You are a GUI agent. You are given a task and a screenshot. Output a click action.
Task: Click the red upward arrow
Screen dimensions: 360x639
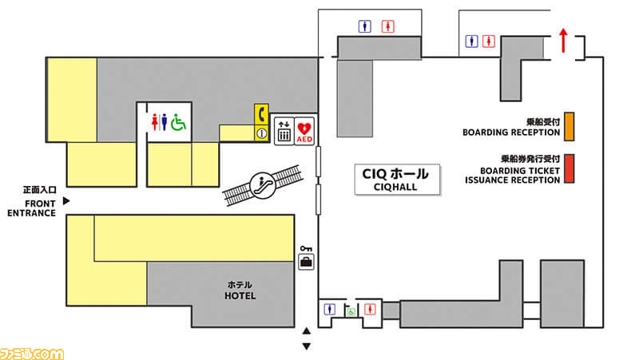click(563, 41)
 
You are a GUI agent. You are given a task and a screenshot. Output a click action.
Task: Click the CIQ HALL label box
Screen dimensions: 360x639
click(396, 179)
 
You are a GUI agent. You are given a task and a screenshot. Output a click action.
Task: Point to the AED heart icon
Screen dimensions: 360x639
click(304, 129)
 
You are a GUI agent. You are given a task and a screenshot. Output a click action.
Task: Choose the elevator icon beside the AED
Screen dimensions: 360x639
click(283, 131)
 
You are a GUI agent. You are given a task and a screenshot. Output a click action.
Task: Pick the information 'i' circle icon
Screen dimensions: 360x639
click(260, 134)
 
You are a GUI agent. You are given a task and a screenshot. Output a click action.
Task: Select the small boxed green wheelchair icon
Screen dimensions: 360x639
click(350, 311)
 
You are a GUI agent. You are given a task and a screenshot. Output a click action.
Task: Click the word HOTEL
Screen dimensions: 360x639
click(240, 296)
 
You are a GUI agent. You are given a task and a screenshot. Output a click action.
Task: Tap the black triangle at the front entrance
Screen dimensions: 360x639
click(68, 201)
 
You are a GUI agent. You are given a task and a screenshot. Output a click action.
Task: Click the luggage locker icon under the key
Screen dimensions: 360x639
click(306, 262)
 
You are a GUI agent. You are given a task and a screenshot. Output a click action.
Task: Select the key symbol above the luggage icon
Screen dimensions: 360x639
click(305, 248)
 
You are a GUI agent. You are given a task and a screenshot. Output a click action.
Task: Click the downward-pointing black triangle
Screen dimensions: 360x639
click(306, 346)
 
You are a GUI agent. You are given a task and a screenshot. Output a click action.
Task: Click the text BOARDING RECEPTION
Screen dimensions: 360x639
click(512, 133)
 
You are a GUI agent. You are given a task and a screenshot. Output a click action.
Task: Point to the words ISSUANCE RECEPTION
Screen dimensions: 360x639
click(512, 180)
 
